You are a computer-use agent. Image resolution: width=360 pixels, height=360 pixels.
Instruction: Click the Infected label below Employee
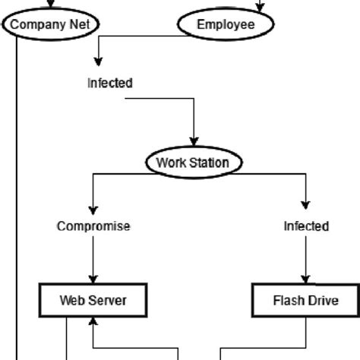point(110,83)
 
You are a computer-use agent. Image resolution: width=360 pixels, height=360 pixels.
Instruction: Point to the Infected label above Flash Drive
point(306,226)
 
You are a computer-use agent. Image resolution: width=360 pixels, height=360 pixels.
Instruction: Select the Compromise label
point(93,226)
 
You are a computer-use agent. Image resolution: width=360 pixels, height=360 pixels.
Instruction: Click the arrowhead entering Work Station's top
point(194,142)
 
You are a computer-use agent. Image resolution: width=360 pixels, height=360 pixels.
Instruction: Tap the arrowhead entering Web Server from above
point(93,279)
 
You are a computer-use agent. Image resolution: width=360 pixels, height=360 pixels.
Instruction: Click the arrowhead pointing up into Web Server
point(93,321)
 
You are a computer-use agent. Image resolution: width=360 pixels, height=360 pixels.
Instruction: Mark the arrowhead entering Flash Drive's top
point(306,279)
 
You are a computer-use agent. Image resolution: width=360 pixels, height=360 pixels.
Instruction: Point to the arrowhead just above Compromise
point(93,210)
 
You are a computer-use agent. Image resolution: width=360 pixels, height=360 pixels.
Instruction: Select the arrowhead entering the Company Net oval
point(51,4)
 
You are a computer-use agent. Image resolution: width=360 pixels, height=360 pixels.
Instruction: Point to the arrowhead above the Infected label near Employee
point(98,62)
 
